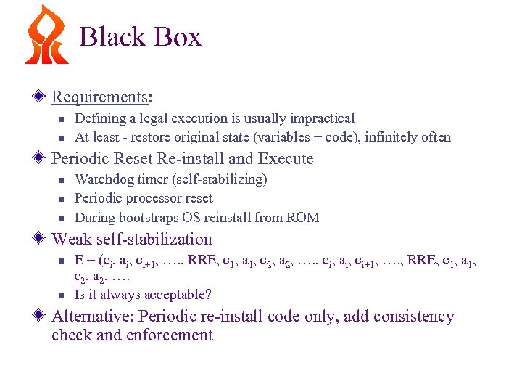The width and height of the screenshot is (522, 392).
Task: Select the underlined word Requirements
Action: point(98,97)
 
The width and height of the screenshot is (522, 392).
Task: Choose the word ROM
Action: point(304,217)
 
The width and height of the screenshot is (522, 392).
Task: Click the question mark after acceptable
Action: point(208,294)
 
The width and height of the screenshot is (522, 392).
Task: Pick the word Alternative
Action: point(91,317)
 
